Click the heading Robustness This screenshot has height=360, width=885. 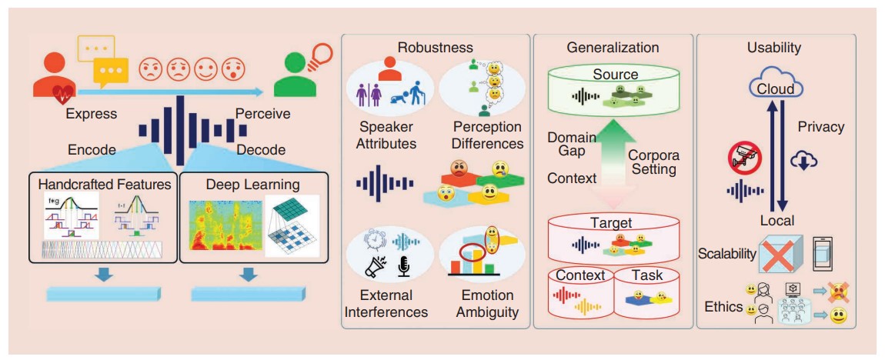point(435,48)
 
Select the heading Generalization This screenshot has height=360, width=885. point(613,48)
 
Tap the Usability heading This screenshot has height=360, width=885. point(773,48)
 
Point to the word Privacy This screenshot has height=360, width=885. point(820,127)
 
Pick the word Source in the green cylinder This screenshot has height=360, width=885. point(615,75)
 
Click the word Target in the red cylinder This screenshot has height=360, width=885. point(610,223)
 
